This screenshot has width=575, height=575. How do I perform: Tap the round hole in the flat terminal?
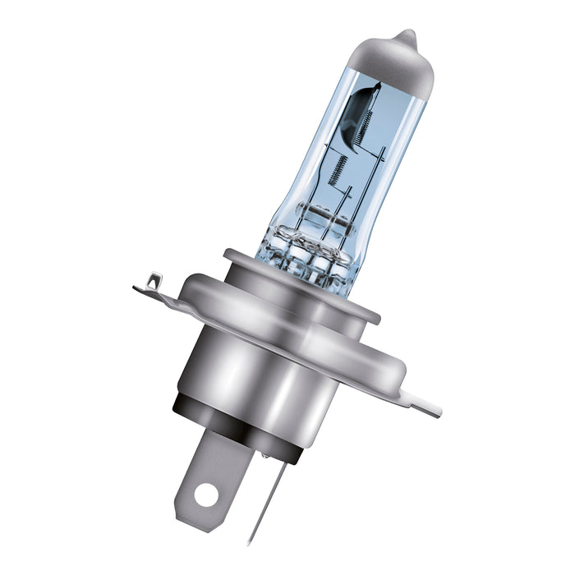click(208, 494)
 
